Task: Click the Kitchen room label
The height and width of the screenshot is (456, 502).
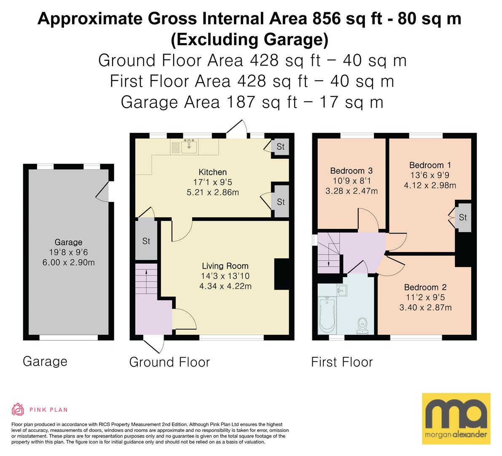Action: [x=212, y=172]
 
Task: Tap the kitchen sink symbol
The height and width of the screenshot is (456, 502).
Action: [x=189, y=147]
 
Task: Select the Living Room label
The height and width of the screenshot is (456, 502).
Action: [x=225, y=266]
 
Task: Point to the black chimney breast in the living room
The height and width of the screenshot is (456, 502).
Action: [x=282, y=274]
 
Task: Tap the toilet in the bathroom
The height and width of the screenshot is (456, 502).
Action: [x=362, y=326]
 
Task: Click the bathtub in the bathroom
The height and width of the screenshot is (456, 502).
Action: [x=327, y=315]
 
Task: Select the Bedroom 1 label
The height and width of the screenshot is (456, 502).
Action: [x=430, y=165]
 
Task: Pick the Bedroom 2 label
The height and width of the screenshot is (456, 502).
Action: [x=425, y=287]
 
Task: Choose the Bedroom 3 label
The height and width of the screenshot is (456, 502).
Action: [x=351, y=171]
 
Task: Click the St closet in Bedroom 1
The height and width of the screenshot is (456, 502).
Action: [x=463, y=217]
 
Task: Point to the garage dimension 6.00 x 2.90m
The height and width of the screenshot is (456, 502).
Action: [x=69, y=262]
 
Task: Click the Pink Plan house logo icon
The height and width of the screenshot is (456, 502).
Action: [x=18, y=409]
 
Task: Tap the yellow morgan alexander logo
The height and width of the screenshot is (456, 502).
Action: [x=456, y=419]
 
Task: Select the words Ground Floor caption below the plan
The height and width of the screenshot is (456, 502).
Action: [x=169, y=362]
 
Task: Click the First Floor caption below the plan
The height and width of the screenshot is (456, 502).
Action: [x=342, y=362]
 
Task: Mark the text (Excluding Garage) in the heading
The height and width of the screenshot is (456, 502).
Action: [x=250, y=39]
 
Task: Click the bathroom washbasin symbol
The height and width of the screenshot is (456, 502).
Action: [x=342, y=291]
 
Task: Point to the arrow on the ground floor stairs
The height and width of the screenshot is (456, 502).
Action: [x=146, y=281]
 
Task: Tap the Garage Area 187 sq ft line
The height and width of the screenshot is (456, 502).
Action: [x=252, y=102]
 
